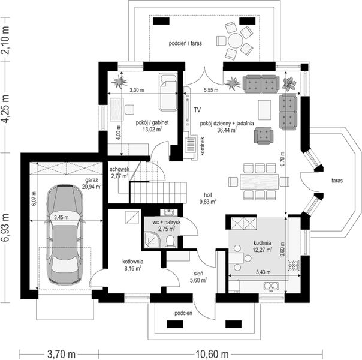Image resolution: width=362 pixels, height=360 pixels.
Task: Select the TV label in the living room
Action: (196, 109)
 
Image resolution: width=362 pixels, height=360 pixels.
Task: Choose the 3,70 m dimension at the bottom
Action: (58, 352)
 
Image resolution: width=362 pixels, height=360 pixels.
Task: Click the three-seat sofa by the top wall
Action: (260, 84)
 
